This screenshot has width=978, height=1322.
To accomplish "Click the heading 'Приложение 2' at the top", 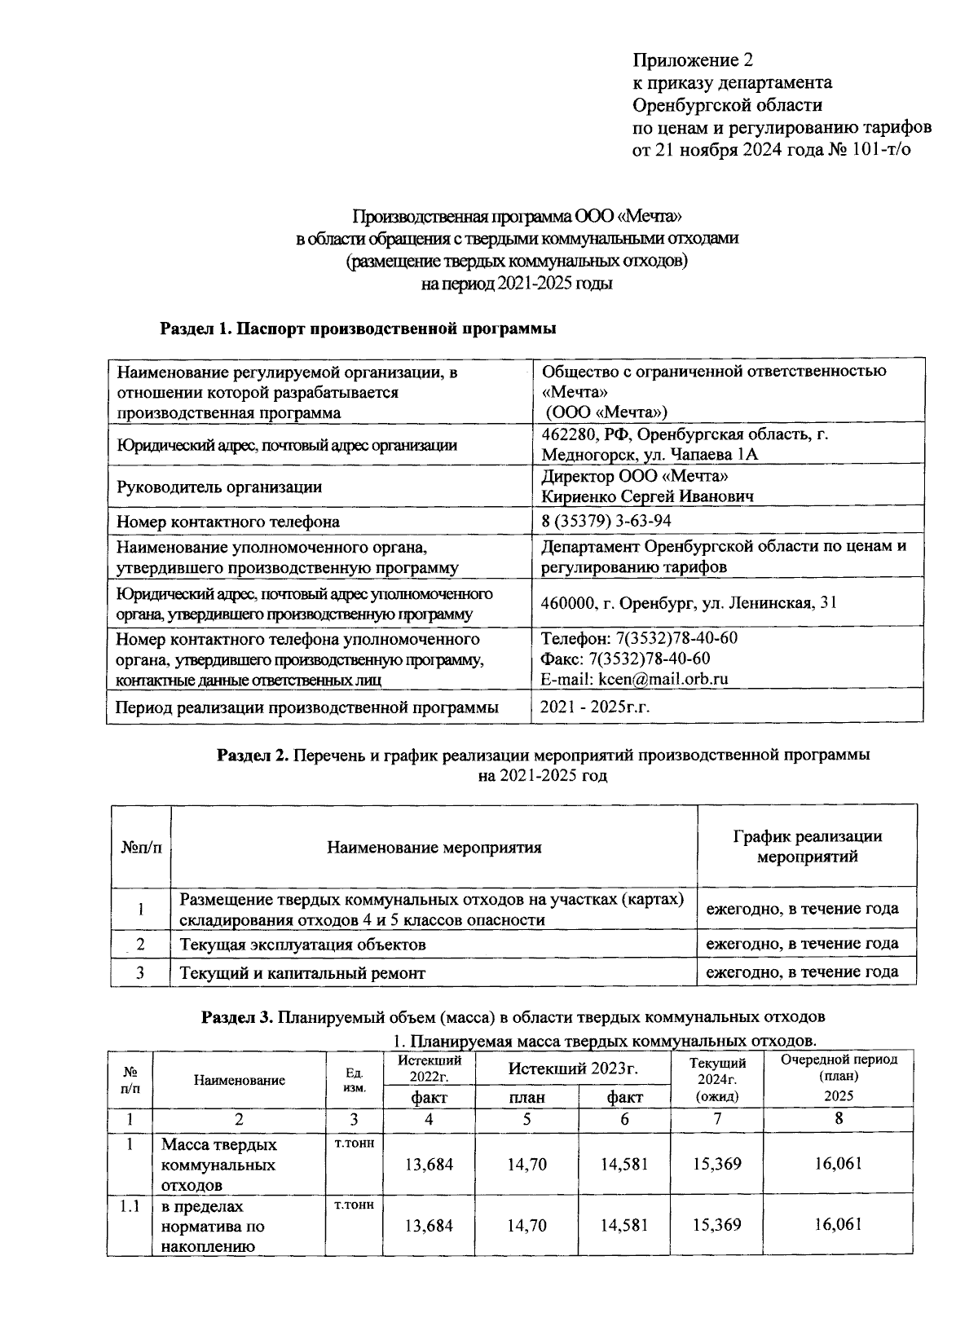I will (x=693, y=60).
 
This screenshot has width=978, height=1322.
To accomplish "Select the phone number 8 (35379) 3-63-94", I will (x=606, y=521).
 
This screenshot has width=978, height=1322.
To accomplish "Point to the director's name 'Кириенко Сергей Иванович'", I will (x=647, y=496).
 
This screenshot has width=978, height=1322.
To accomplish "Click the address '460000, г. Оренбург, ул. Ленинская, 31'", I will (x=689, y=603).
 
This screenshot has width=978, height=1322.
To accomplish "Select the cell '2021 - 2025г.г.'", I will (x=594, y=707).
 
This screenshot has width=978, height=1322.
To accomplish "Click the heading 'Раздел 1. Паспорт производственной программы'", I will (x=358, y=328).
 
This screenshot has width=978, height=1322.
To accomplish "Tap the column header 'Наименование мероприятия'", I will (x=434, y=847).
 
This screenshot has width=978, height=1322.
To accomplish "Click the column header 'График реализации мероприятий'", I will (x=807, y=846).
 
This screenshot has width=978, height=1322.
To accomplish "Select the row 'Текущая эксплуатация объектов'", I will (x=302, y=945).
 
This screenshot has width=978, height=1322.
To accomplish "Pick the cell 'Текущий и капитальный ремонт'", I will (x=302, y=972).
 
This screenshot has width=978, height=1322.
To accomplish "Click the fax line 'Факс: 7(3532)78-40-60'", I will (x=625, y=658).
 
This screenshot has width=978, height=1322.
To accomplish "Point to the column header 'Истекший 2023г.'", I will (x=572, y=1069).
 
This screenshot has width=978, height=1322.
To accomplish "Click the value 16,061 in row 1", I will (x=838, y=1163).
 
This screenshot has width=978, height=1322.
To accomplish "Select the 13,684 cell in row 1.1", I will (x=429, y=1225).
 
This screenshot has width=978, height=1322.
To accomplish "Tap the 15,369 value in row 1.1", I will (x=716, y=1225).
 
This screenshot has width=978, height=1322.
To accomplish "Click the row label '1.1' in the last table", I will (x=129, y=1205).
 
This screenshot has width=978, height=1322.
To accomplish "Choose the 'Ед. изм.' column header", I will (x=354, y=1080).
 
